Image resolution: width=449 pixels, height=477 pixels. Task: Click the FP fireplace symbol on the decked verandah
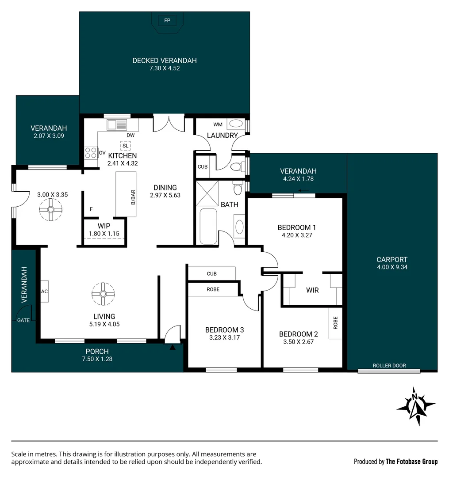[167, 20]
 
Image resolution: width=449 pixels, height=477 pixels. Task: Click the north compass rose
[415, 406]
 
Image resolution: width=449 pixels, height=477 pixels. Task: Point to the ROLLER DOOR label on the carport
[389, 365]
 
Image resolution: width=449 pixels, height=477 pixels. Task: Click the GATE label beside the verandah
[23, 320]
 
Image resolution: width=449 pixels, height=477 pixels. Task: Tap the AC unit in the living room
[44, 291]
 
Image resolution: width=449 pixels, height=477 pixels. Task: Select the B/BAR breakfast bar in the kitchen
[126, 194]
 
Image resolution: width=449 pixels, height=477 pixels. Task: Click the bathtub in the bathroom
[208, 226]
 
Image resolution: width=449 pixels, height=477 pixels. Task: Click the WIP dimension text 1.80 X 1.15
[104, 234]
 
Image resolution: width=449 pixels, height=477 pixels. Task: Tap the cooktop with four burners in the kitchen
[91, 153]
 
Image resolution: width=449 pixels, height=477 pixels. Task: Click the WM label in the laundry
[218, 125]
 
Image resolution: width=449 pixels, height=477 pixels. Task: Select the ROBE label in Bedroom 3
[213, 290]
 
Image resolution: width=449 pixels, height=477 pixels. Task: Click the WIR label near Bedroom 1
[312, 290]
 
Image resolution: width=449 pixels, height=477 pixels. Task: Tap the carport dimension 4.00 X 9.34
[392, 267]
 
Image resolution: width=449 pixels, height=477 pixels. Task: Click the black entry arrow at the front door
[173, 348]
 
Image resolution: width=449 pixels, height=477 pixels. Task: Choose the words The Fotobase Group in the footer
[411, 462]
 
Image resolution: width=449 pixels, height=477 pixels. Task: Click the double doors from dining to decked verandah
[169, 123]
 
